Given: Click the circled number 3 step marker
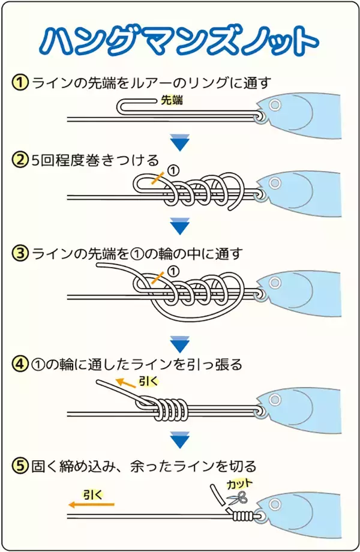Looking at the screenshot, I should click(20, 254).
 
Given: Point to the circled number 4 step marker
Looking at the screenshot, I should click(20, 364).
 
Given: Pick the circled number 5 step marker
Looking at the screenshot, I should click(20, 466).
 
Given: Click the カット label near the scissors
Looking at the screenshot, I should click(239, 483).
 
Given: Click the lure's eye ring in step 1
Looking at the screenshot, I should click(275, 106).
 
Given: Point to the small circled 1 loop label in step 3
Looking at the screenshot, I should click(173, 271).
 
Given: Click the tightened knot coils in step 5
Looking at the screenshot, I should click(242, 514).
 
